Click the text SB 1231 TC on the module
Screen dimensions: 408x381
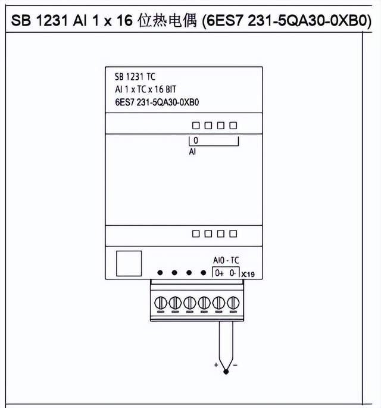tap(135, 76)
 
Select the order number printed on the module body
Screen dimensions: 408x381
tap(156, 101)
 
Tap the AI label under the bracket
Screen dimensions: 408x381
tap(192, 152)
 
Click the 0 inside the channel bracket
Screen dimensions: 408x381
tap(196, 141)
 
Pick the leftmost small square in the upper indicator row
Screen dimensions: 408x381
tap(195, 126)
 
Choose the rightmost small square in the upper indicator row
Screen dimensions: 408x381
tap(233, 126)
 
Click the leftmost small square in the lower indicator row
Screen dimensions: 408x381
tap(195, 234)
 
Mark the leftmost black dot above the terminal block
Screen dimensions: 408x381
tap(160, 273)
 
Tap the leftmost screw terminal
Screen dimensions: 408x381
tap(160, 303)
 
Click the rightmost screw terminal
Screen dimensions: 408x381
tap(232, 303)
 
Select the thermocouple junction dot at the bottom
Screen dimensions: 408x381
tap(226, 372)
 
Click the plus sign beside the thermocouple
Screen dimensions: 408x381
tap(216, 364)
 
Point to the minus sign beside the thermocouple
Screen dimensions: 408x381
tap(236, 364)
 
